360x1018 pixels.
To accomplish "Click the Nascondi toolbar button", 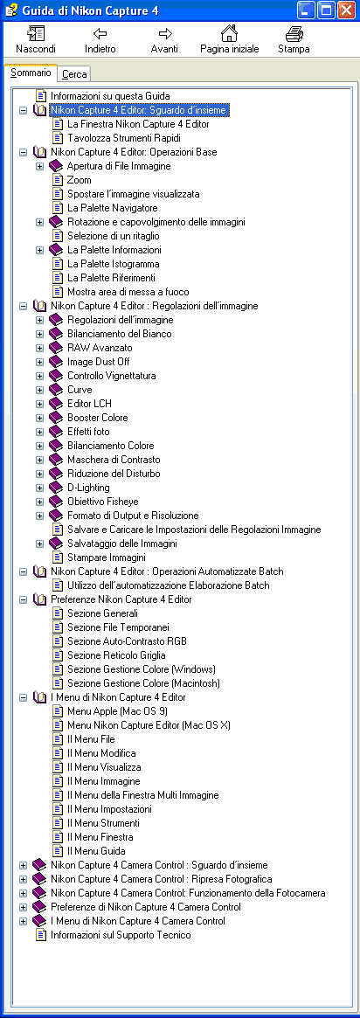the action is (36, 39).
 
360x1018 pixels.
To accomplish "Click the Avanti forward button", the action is (165, 39).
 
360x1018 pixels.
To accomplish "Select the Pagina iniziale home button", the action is (229, 39).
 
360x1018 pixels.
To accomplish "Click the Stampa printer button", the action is (294, 39).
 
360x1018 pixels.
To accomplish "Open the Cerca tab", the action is (74, 74).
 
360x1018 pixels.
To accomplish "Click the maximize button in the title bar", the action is (326, 10).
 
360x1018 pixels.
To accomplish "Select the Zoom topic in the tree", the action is (80, 180).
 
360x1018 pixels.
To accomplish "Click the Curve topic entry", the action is (80, 390).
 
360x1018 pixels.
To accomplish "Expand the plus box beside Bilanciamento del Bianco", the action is (39, 334).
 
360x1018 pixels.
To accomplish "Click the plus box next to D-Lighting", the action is (39, 488).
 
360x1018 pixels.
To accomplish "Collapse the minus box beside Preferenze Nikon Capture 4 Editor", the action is (24, 599).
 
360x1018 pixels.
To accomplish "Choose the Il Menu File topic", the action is (91, 739).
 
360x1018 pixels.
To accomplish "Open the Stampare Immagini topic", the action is (107, 557).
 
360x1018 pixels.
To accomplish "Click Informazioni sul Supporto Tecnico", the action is (121, 935).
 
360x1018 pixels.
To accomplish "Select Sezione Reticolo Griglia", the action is (116, 655).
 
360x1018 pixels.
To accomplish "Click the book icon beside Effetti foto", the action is (58, 432).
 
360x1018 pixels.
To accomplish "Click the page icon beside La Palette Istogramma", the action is (58, 264).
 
